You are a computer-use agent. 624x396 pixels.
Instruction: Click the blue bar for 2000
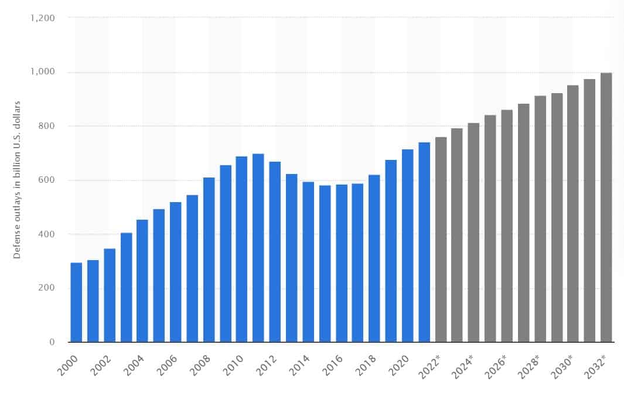(x=76, y=302)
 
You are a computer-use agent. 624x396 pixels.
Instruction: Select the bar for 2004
(x=142, y=281)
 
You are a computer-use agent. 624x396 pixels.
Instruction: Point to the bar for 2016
(x=341, y=263)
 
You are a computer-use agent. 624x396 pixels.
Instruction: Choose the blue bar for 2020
(x=407, y=245)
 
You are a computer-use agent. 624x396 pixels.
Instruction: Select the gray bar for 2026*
(x=507, y=226)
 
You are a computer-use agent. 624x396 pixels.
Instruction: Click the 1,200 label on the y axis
(x=42, y=18)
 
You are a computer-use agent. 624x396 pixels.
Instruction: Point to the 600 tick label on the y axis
(x=47, y=180)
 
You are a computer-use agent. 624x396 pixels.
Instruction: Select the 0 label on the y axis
(x=52, y=342)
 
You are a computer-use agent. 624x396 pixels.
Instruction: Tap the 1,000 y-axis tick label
(x=42, y=72)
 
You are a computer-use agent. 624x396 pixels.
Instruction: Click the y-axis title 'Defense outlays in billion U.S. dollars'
(x=17, y=180)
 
